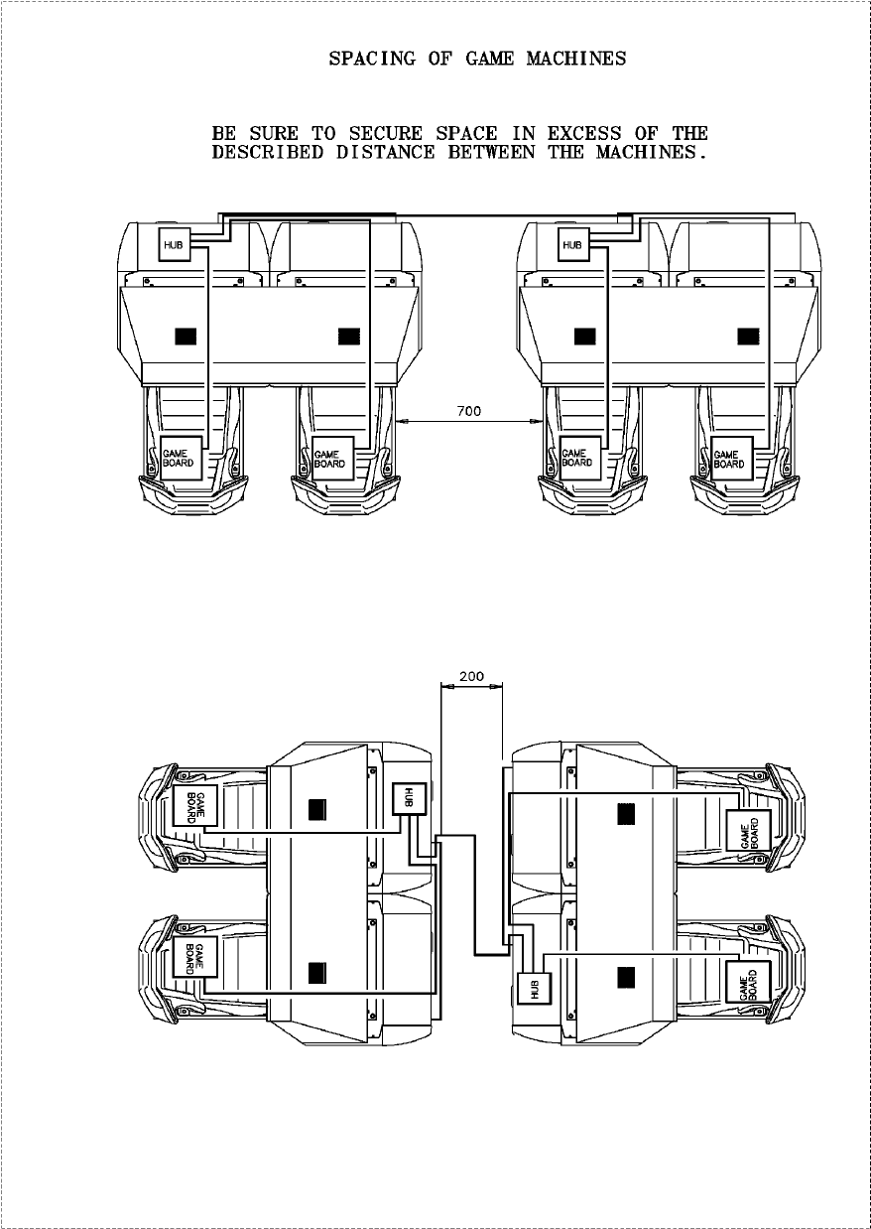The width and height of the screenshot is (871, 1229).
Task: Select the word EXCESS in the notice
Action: (x=584, y=133)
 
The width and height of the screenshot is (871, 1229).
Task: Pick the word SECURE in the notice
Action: (x=386, y=133)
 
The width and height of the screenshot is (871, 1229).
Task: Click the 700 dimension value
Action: (x=468, y=411)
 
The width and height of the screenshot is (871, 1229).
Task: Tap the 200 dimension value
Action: (x=471, y=676)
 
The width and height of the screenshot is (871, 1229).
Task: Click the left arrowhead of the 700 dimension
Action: (x=400, y=421)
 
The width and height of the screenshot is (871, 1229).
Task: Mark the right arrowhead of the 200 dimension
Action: (x=497, y=686)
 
